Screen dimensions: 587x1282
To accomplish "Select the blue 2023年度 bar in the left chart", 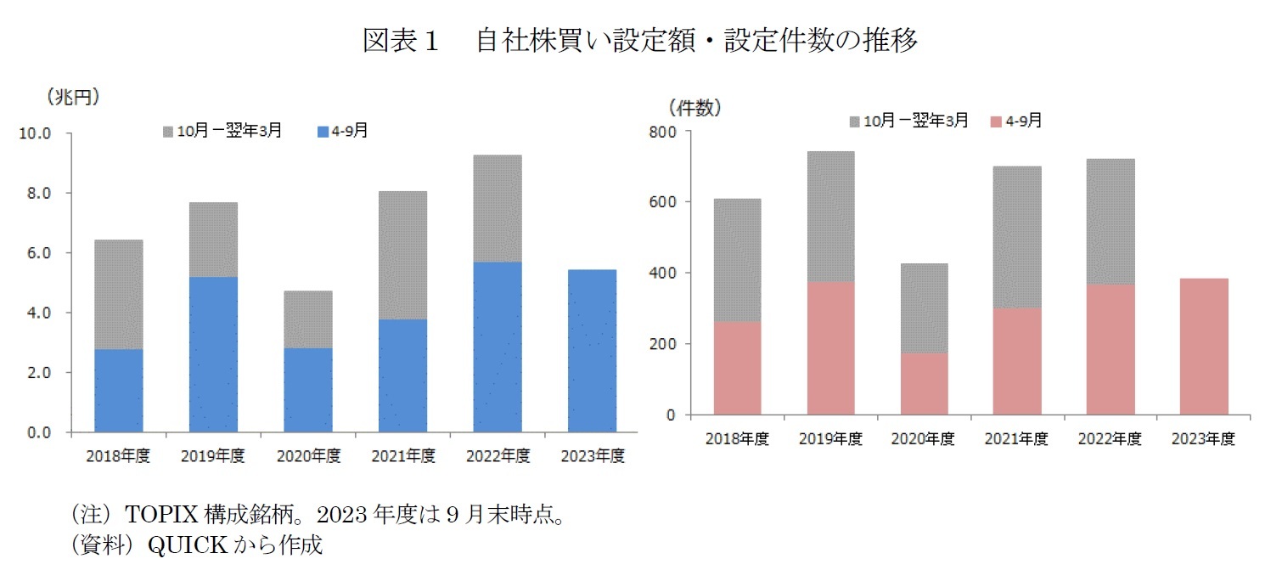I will [x=592, y=350].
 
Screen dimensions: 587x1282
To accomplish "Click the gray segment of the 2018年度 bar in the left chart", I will [x=118, y=294].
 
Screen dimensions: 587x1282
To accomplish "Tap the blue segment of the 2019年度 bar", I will [x=213, y=354].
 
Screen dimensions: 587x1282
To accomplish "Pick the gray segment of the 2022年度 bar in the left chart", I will [x=498, y=208].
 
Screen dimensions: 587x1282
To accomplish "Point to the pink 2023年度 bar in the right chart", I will [x=1204, y=347].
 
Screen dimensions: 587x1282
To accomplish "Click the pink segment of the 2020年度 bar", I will [x=924, y=384].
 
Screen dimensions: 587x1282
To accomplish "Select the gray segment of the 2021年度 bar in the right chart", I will [x=1017, y=237].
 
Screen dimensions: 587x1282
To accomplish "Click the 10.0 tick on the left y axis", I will [x=35, y=134].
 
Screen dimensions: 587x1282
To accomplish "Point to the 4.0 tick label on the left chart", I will [x=38, y=313].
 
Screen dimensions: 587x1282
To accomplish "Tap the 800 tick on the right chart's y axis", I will [x=664, y=132].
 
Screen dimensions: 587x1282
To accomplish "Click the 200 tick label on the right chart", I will [x=664, y=345].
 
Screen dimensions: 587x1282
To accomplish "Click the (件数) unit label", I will [x=694, y=107].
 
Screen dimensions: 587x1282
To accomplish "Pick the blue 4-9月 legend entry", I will [x=342, y=131].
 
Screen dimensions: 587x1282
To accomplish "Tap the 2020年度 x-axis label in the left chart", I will [x=308, y=456].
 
